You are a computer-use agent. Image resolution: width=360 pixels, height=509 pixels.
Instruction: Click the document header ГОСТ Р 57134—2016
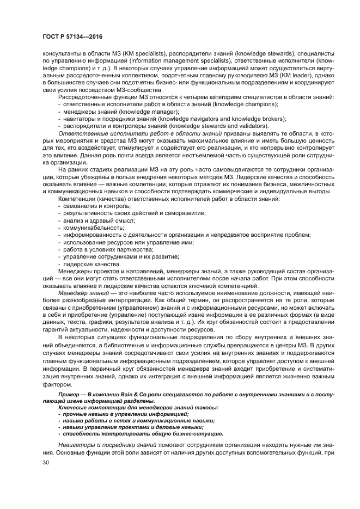pos(72,36)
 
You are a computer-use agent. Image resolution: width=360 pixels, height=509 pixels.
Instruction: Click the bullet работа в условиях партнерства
pos(100,249)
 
